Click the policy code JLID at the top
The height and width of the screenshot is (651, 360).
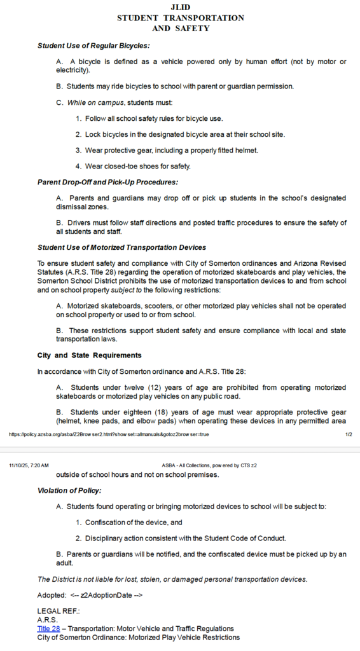coord(181,6)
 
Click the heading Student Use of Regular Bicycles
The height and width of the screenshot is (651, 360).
coord(93,46)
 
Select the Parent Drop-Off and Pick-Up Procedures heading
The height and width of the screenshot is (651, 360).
coord(107,182)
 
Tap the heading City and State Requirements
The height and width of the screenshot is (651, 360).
coord(89,355)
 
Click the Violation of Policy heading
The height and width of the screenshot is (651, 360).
coord(69,490)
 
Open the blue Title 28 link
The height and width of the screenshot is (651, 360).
coord(48,628)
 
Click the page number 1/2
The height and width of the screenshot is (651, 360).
coord(349,435)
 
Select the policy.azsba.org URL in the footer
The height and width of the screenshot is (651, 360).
coord(108,435)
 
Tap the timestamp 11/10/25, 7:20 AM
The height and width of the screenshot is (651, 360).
coord(29,465)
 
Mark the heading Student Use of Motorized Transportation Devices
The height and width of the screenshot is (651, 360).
coord(121,247)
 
